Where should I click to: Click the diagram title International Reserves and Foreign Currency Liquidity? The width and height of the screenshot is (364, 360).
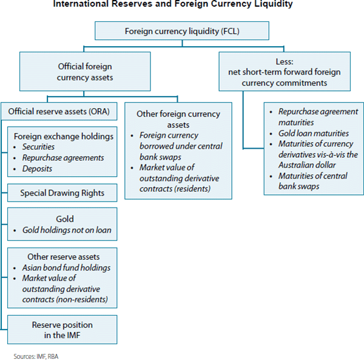[182, 5]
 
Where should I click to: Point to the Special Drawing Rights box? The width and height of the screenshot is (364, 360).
[62, 194]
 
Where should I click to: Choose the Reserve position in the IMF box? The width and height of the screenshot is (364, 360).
[62, 330]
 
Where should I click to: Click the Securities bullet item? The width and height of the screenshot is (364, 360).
[39, 147]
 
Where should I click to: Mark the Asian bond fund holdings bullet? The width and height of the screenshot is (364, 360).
[66, 268]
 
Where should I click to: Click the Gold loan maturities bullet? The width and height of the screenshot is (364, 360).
[314, 133]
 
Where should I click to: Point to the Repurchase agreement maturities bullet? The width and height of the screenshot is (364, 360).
[314, 117]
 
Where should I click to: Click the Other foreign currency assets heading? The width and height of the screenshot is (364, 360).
[178, 119]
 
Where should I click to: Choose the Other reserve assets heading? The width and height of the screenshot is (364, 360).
[62, 257]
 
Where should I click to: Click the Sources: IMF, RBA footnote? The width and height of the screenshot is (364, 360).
[36, 356]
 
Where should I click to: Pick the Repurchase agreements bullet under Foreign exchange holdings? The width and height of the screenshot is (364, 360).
[62, 157]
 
